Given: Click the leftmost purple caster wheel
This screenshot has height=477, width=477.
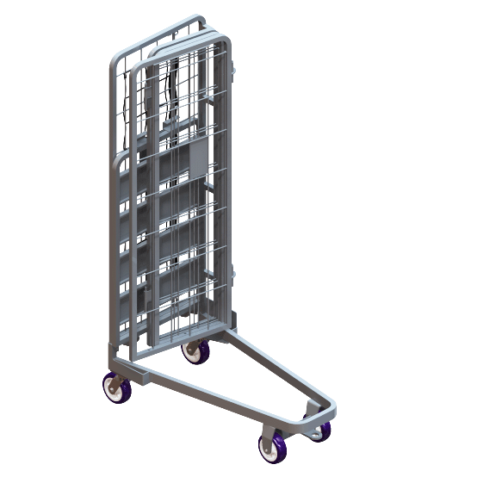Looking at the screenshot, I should [117, 388].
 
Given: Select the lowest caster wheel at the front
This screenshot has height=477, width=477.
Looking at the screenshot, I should [272, 447].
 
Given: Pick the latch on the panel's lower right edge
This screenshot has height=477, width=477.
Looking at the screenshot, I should [232, 276].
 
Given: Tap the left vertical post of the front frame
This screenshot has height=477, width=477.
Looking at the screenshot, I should [114, 215].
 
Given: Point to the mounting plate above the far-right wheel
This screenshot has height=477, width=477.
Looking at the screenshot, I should [315, 414].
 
